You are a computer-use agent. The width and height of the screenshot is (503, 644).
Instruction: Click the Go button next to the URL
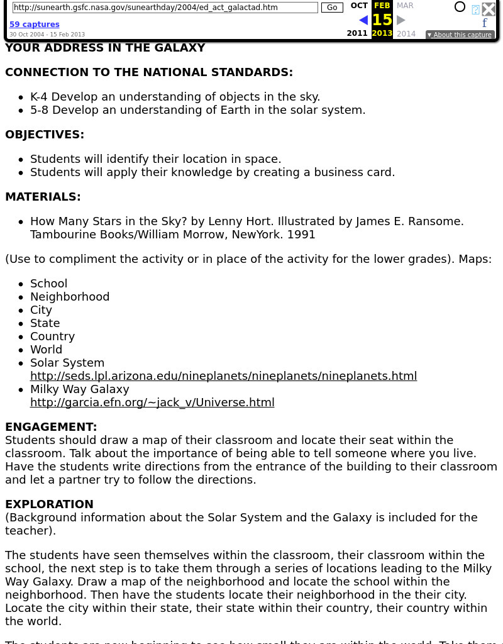(332, 8)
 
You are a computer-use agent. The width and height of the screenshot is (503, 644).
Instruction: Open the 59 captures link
(35, 25)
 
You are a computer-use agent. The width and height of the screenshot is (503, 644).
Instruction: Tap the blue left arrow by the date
(363, 20)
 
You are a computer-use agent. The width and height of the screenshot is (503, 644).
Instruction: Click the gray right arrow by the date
(401, 20)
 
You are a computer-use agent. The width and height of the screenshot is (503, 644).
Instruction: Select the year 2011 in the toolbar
(357, 33)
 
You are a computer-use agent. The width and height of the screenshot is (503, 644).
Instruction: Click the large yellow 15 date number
(382, 20)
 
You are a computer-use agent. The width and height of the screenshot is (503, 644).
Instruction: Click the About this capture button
(460, 35)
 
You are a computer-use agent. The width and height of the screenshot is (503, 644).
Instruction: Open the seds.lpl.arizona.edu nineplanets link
(223, 376)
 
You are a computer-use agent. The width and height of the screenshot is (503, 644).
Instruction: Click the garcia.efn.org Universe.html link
(152, 402)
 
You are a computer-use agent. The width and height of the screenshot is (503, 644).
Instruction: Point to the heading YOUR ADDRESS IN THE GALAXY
(105, 48)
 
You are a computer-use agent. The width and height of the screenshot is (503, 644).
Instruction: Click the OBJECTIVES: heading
(45, 135)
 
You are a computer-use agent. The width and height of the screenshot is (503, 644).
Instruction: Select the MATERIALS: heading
(43, 197)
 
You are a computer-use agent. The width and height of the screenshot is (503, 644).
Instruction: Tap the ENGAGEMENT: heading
(51, 427)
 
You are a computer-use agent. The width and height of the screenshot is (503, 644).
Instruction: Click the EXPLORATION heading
(49, 504)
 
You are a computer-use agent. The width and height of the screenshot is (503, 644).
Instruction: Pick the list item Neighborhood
(70, 297)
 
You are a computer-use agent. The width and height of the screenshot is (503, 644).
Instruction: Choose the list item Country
(52, 336)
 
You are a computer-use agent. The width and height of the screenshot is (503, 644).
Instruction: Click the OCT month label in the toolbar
(359, 6)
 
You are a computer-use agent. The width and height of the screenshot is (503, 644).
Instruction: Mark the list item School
(48, 284)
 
